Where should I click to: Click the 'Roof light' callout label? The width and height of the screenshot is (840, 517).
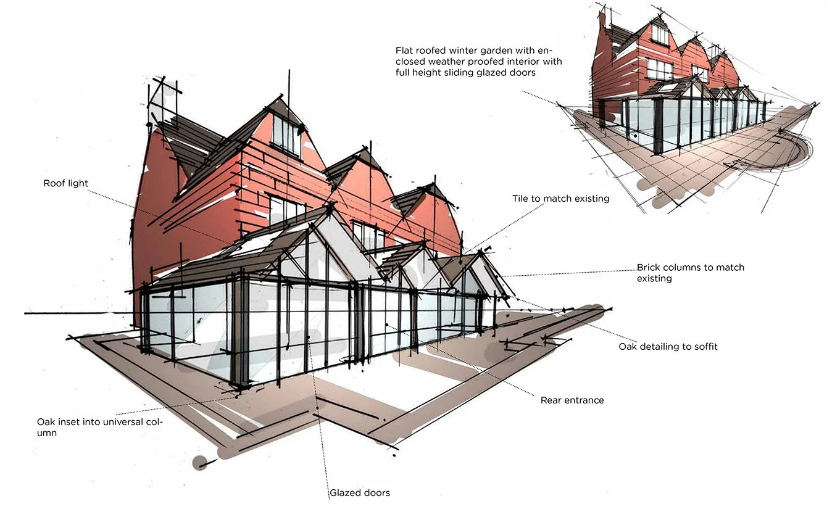tap(65, 183)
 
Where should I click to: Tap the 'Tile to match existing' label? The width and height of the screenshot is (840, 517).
tap(560, 199)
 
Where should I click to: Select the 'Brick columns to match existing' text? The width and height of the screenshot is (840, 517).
tap(690, 273)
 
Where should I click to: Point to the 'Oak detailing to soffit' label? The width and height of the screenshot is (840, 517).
tap(668, 347)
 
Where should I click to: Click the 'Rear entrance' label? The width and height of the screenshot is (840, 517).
tap(572, 400)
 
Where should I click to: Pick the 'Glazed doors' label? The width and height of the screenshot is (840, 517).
tap(360, 492)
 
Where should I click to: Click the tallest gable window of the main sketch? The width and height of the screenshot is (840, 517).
tap(286, 134)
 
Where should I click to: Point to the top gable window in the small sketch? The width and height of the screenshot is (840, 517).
tap(660, 34)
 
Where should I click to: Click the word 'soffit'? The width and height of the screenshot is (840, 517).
tap(704, 347)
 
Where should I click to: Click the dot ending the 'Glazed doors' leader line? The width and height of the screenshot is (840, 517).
tap(308, 337)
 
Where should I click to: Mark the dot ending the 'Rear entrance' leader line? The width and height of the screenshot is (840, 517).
tap(387, 324)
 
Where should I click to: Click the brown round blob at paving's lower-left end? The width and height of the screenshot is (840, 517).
tap(200, 461)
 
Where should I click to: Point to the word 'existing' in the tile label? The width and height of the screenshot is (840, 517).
tap(591, 199)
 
